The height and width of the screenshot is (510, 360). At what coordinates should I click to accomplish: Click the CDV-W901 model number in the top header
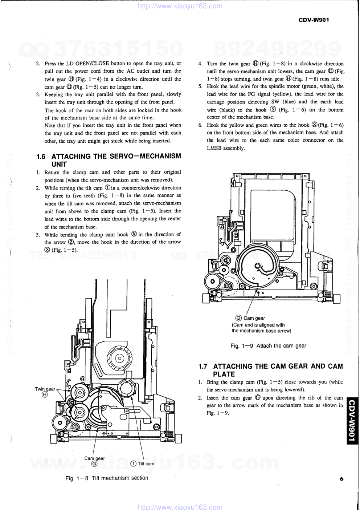click(x=314, y=20)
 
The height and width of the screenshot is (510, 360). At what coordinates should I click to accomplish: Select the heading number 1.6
click(x=41, y=157)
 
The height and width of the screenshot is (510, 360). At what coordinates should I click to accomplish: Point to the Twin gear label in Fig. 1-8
click(x=45, y=389)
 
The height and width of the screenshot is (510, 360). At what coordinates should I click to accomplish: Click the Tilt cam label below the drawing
click(x=146, y=464)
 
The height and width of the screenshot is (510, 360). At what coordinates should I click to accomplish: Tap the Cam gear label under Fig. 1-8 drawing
click(x=94, y=458)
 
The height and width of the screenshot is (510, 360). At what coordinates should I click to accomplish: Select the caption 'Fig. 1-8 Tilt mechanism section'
click(x=107, y=478)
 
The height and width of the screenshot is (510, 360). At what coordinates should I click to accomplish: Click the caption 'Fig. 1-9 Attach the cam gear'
click(x=268, y=346)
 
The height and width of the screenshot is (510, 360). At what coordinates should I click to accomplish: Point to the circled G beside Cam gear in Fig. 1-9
click(x=239, y=318)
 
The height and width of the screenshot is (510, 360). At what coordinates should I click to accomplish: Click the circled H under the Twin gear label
click(x=45, y=395)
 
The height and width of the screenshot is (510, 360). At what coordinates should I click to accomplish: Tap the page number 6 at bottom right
click(x=341, y=479)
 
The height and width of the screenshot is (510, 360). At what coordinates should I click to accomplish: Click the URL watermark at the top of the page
click(x=180, y=6)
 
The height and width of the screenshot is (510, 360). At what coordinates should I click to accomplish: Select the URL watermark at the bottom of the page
click(x=180, y=507)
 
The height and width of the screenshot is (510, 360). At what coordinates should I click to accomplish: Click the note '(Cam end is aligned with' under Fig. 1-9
click(x=258, y=325)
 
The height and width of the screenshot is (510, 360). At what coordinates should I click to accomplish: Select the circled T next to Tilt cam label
click(x=134, y=464)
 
